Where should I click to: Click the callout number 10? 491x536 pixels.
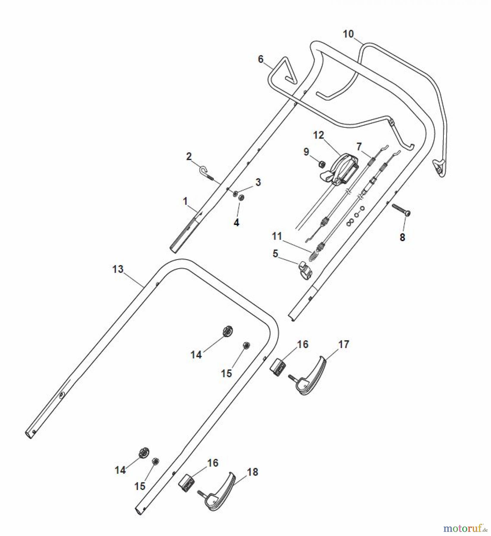coord(348,34)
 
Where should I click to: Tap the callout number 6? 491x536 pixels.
coord(261,59)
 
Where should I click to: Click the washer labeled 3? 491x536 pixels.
coord(235,194)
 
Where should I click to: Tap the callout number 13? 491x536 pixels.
coord(118,269)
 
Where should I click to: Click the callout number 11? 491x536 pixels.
coord(277,237)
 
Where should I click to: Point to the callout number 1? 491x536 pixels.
coord(185,202)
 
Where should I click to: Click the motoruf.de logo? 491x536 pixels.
coord(466,528)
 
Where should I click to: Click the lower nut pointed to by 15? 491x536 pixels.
coord(155,462)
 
